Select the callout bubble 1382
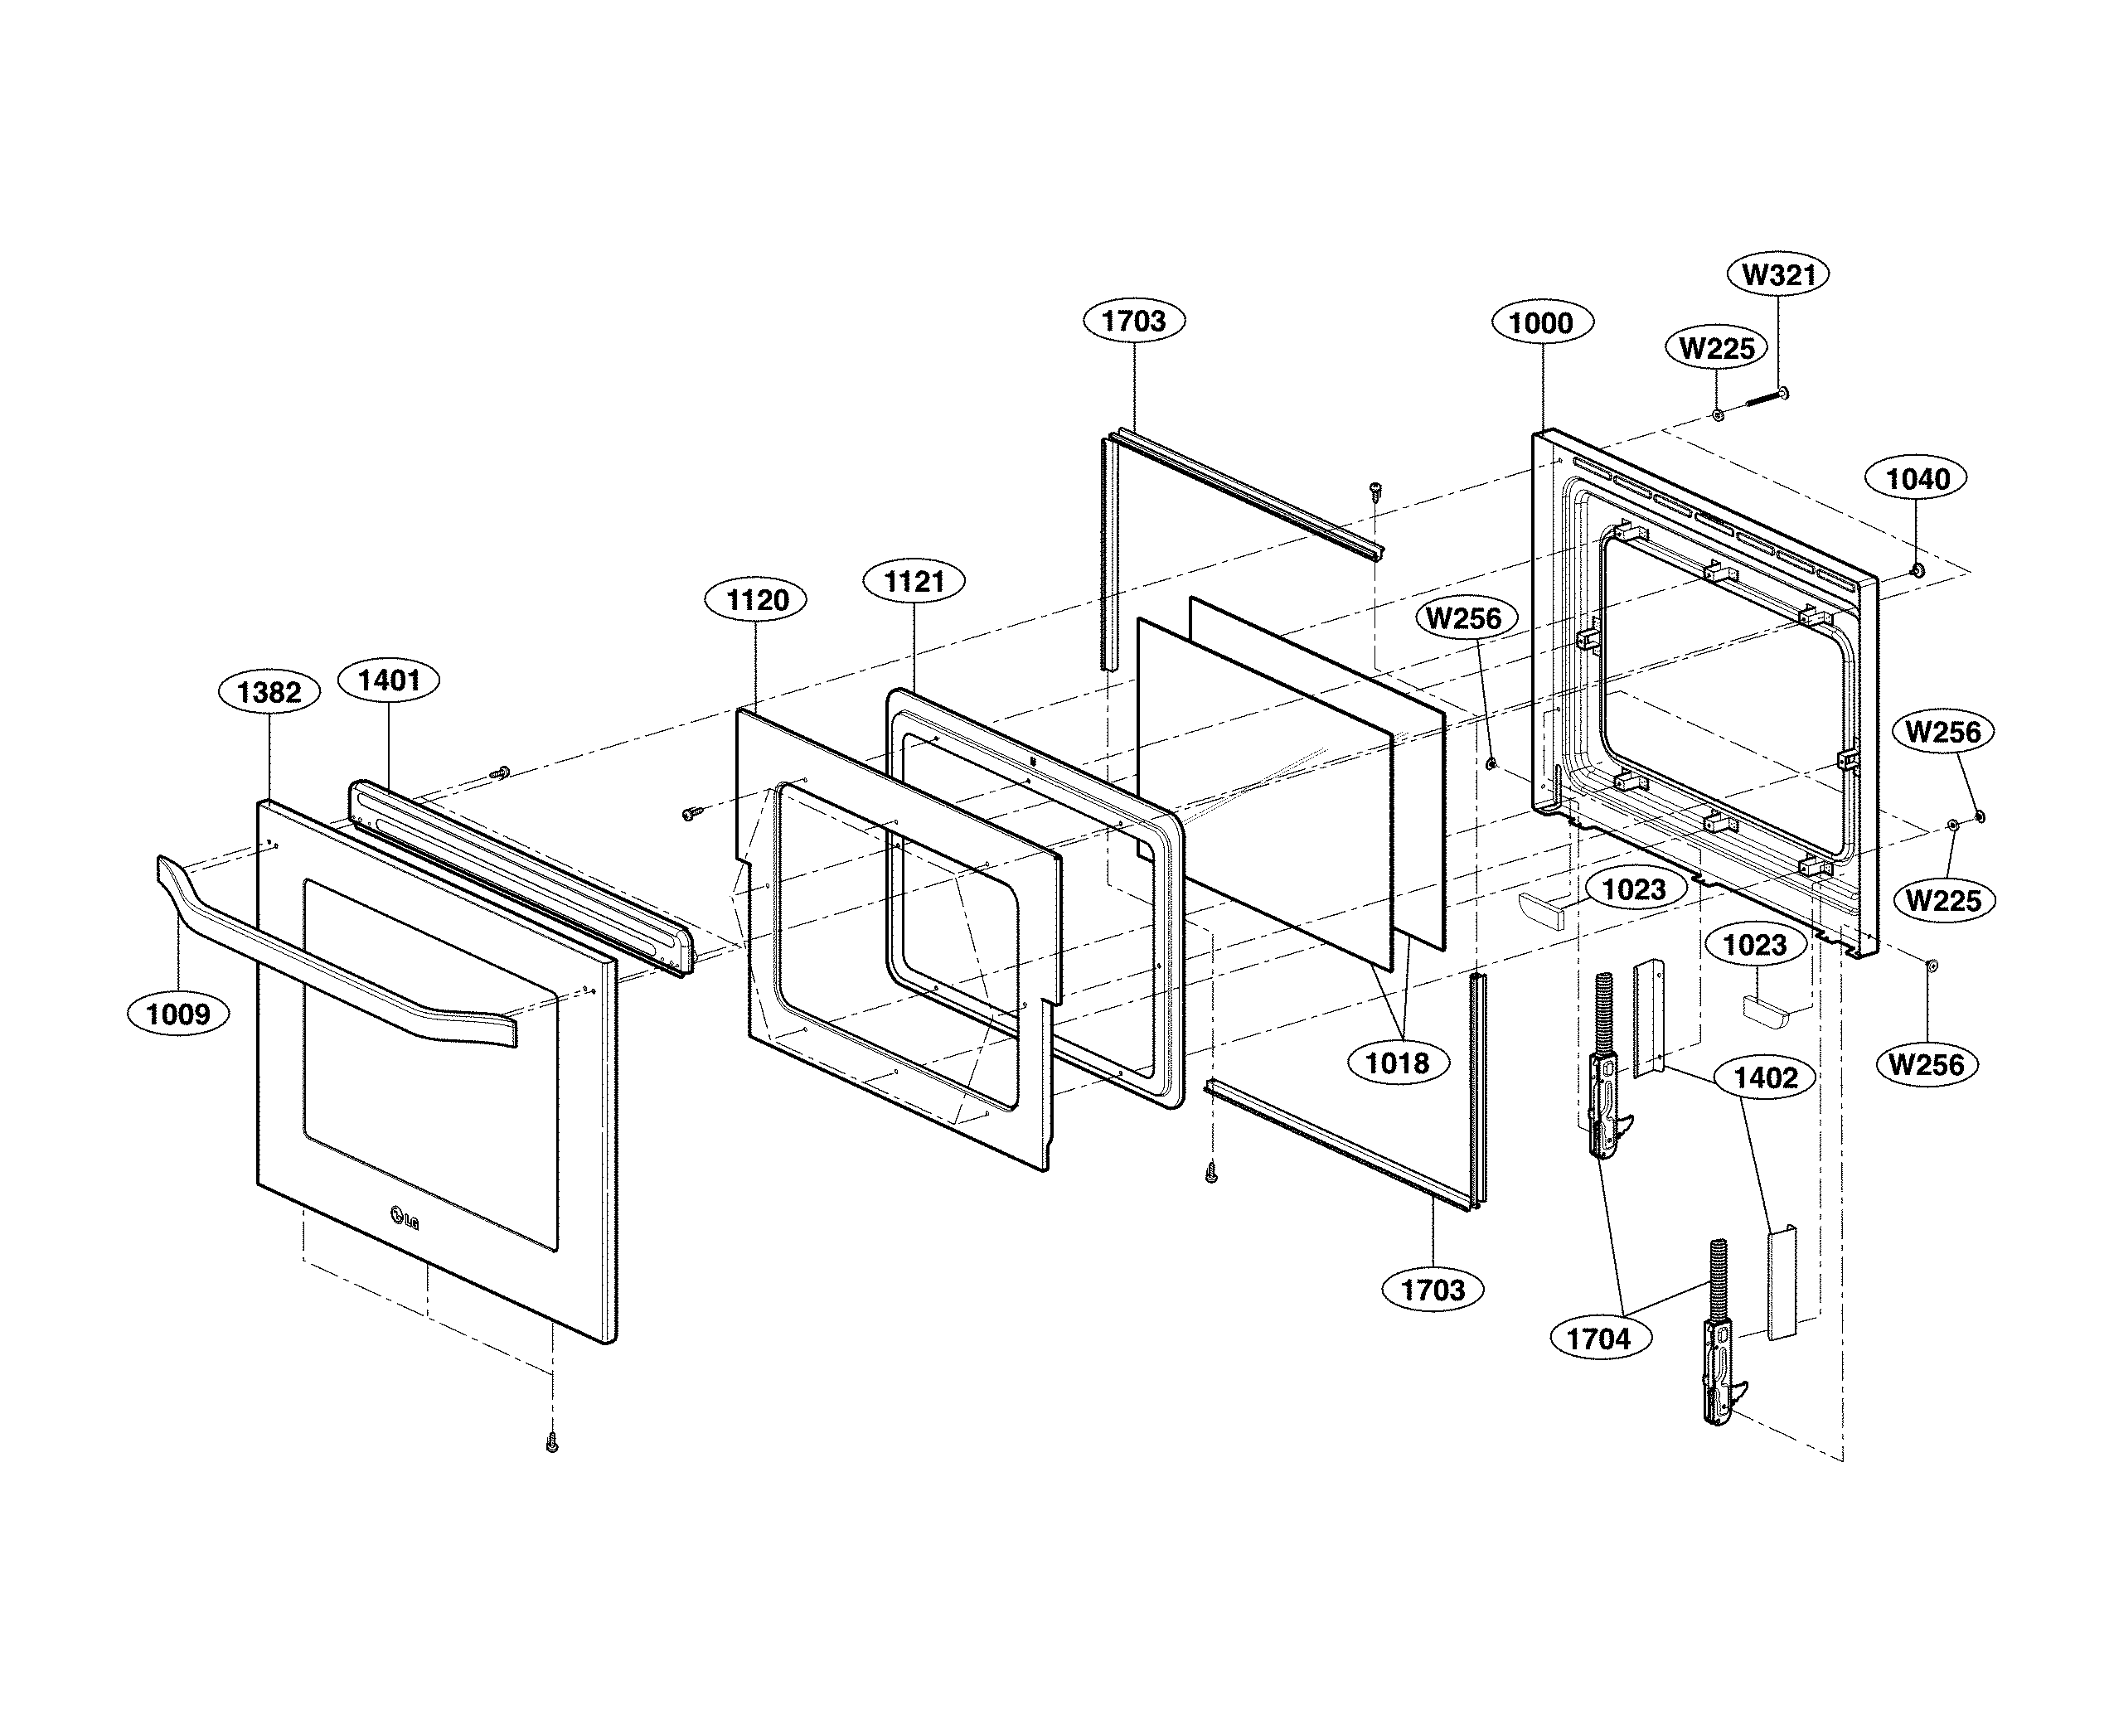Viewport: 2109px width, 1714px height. tap(269, 692)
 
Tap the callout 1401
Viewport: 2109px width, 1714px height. tap(388, 680)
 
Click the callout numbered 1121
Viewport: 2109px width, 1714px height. tap(914, 582)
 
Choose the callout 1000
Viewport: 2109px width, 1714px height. tap(1541, 323)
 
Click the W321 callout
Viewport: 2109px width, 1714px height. tap(1778, 274)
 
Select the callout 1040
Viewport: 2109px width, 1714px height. tap(1917, 479)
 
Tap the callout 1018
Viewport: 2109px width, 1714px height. tap(1396, 1063)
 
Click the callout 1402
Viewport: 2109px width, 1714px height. tap(1766, 1077)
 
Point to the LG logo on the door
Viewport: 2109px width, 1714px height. tap(404, 1218)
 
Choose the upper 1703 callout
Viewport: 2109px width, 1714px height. tap(1133, 321)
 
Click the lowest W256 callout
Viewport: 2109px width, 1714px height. tap(1927, 1064)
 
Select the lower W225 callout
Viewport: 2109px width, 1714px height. tap(1943, 900)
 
